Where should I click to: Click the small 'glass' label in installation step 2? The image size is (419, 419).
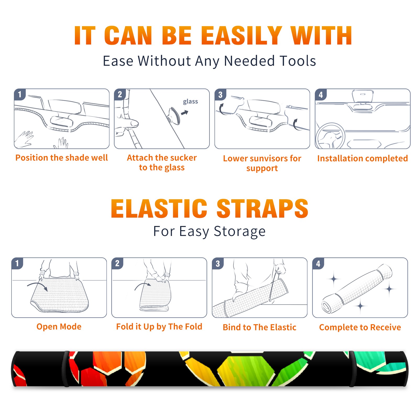pos(190,102)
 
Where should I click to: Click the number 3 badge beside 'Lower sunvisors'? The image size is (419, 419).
pos(220,95)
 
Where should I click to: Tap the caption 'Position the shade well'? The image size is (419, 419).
pos(62,158)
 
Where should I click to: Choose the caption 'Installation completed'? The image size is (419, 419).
pos(362,158)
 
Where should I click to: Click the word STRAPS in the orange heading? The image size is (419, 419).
pos(262,208)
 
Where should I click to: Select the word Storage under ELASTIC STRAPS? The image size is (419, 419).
pos(240,232)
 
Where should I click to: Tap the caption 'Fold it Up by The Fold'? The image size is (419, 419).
pos(159,327)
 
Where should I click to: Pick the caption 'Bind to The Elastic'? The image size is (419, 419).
pos(260,327)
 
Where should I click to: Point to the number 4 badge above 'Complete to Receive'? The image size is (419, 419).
pos(318,263)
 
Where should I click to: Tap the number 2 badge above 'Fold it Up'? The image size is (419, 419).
pos(117,263)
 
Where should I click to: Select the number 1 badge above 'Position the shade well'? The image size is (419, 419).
pos(20,94)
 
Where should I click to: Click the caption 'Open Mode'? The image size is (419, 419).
pos(59,327)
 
